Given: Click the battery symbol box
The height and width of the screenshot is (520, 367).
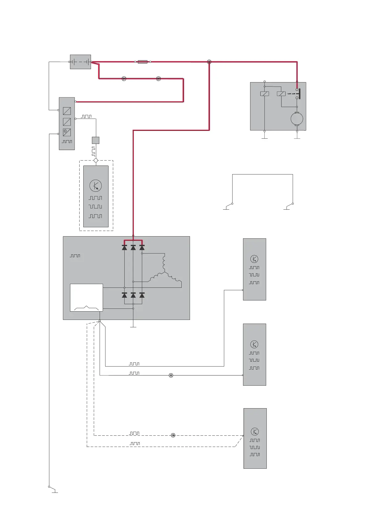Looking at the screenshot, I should (x=80, y=62).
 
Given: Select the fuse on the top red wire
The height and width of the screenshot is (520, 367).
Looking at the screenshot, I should (x=142, y=62).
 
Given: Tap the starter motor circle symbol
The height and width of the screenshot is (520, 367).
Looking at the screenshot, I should (x=297, y=119).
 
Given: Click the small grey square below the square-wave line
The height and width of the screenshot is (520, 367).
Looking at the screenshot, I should (x=96, y=140).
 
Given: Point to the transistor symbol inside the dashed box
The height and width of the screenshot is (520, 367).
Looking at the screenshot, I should (x=96, y=186).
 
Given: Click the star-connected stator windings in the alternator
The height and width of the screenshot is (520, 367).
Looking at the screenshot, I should (x=165, y=272).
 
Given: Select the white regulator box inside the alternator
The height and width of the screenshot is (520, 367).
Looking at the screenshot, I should (x=86, y=298).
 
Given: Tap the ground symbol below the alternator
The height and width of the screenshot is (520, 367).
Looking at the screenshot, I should (x=133, y=326).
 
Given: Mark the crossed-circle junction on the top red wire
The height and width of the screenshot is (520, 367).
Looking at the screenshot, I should (x=209, y=62).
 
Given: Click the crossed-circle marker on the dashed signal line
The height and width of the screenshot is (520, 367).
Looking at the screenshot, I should (x=173, y=435).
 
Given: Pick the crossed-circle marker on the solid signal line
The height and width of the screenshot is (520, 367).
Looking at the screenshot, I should (x=171, y=375).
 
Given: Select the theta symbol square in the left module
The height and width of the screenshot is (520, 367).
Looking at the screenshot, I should (x=67, y=132).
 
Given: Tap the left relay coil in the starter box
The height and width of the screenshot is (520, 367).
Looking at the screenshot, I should (x=265, y=94).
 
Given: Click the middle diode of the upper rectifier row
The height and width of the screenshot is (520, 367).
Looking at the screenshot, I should (x=133, y=247).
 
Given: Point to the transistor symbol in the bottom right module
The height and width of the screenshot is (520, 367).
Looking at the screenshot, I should (x=255, y=431).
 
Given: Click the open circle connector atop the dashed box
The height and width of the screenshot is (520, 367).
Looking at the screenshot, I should (x=96, y=161).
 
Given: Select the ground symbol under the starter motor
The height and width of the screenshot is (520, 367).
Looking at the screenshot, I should (x=297, y=138).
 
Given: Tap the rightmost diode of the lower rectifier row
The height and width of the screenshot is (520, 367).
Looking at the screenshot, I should (x=142, y=296).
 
